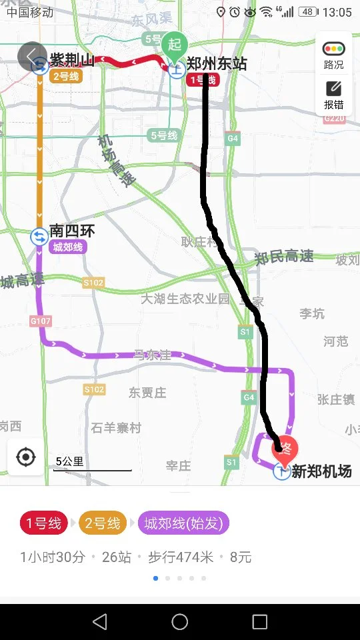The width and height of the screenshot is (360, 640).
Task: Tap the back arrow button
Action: [x=31, y=56]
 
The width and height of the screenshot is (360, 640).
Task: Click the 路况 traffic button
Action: [x=333, y=55]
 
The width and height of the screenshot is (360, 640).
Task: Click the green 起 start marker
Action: [x=175, y=45]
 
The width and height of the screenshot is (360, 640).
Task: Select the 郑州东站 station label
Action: [x=216, y=64]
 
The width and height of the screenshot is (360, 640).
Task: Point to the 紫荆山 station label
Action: [x=72, y=61]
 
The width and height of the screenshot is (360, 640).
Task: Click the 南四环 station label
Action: [x=72, y=231]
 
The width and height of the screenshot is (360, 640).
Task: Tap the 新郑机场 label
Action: [x=321, y=471]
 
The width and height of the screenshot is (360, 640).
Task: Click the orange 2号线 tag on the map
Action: [x=65, y=76]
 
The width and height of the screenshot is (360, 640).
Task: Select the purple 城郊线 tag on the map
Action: [x=68, y=247]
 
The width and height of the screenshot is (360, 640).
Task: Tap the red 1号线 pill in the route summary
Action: [x=44, y=523]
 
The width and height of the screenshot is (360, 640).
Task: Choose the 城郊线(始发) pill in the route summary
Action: [x=183, y=523]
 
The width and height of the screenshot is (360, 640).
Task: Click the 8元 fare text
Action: [x=241, y=557]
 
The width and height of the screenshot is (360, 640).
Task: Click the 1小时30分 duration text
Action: [x=53, y=557]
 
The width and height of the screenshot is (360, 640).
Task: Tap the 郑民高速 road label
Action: [x=285, y=257]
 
